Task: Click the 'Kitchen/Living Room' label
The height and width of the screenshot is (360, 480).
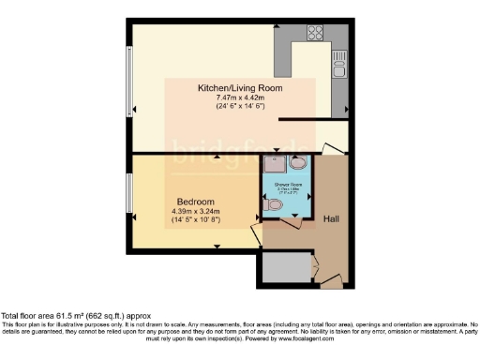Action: click(240, 88)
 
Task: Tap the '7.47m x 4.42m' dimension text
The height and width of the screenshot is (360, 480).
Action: click(240, 97)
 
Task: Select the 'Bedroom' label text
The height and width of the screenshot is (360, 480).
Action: click(196, 202)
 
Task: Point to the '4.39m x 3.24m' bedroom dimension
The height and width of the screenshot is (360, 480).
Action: click(196, 212)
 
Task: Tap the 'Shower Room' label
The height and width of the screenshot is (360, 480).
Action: click(287, 186)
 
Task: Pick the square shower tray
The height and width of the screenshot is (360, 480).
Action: click(275, 166)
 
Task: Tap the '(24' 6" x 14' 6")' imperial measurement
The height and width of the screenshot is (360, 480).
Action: click(240, 107)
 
